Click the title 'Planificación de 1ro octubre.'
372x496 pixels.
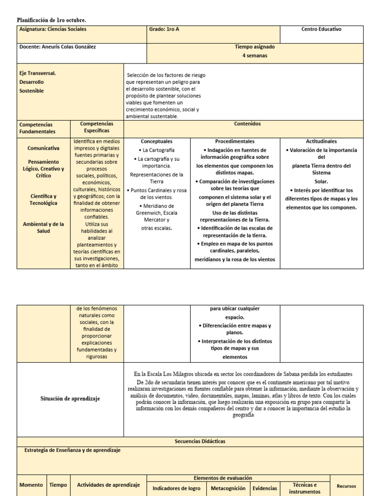(x=52, y=20)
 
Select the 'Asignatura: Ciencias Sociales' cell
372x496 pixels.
(x=53, y=30)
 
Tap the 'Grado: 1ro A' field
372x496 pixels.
(x=164, y=30)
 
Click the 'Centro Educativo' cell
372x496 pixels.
(x=321, y=30)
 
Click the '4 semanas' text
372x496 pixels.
(x=255, y=56)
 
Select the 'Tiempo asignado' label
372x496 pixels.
(x=255, y=47)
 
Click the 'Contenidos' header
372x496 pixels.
(x=248, y=124)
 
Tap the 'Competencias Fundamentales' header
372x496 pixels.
(x=37, y=128)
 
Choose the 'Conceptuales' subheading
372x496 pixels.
(x=156, y=141)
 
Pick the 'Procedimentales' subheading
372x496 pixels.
(x=235, y=141)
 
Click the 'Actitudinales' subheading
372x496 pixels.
(x=321, y=141)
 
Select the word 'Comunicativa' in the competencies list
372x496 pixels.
(x=44, y=148)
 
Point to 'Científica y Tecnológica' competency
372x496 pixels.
(x=44, y=200)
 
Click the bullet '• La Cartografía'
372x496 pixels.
(x=156, y=150)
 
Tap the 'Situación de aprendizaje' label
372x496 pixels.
(x=70, y=398)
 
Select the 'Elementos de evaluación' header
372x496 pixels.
(x=222, y=478)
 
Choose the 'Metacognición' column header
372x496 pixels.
(x=228, y=488)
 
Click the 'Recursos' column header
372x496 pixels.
(x=346, y=486)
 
